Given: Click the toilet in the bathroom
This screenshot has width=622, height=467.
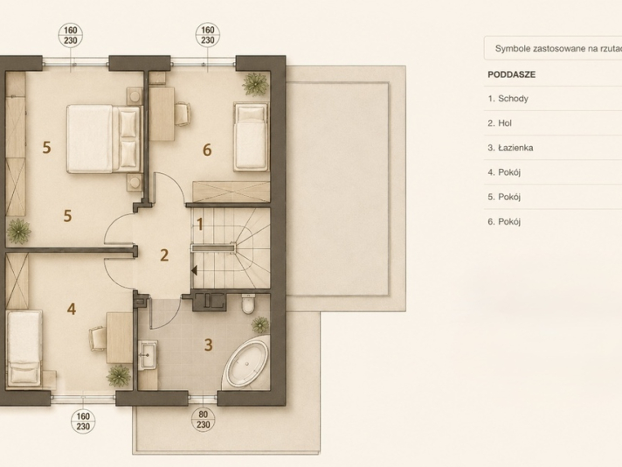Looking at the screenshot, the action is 248,303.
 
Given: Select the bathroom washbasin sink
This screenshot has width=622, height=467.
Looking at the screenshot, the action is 148,354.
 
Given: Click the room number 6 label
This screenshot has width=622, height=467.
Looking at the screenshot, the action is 207,150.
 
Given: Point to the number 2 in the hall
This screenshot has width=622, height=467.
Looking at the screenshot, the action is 164,255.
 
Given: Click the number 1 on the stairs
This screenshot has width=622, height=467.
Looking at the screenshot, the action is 200,225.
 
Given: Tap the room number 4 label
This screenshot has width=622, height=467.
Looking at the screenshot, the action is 72,309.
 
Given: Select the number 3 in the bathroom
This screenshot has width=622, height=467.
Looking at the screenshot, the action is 208,345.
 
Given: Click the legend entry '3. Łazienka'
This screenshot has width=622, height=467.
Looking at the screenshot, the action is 510,148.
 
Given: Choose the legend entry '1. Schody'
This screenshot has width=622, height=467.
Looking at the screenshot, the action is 508,99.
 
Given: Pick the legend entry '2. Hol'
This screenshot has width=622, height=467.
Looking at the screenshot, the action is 500,123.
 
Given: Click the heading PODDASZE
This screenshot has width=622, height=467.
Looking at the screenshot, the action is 511,74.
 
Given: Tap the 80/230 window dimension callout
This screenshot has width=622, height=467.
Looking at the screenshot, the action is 203,420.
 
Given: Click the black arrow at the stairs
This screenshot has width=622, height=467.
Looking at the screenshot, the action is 194,271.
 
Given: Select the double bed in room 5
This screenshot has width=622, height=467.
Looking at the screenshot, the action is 104,138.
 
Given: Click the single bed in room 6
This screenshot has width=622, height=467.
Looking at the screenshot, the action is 251,137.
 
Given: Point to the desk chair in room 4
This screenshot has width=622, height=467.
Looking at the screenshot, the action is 97,338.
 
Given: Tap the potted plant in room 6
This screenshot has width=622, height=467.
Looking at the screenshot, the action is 255,84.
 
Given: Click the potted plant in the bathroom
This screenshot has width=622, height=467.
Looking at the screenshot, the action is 260,324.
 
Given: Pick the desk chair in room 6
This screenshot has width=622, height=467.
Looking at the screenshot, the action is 182,114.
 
